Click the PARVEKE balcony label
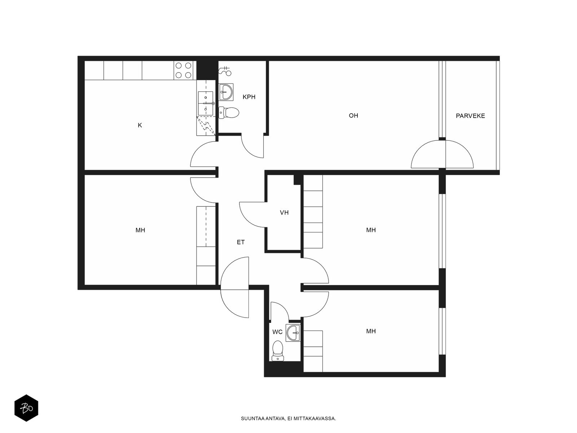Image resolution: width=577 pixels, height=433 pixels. (x=470, y=116)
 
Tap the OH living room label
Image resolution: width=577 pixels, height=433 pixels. (x=353, y=115)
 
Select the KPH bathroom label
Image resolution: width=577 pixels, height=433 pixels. (x=249, y=97)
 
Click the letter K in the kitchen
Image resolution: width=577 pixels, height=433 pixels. (x=140, y=125)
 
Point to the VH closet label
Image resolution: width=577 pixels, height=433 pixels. (x=284, y=213)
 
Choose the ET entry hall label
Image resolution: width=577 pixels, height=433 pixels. (x=241, y=242)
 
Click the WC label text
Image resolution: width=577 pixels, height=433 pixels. (x=277, y=332)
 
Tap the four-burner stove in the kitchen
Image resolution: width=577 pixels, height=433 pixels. (x=183, y=70)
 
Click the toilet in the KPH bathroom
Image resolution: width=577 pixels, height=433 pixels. (x=228, y=113)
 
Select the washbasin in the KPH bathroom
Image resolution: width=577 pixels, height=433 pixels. (x=226, y=92)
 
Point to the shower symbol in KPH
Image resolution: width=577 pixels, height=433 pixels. (x=225, y=71)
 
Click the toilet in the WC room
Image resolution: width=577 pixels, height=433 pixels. (x=278, y=351)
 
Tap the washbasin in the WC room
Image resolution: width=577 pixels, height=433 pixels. (x=293, y=333)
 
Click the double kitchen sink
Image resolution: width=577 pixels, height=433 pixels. (x=205, y=103)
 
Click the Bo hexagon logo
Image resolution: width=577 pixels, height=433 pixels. (x=26, y=408)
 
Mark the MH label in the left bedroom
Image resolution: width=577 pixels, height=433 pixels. (x=140, y=230)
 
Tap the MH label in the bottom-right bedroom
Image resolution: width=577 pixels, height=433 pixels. (x=371, y=331)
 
